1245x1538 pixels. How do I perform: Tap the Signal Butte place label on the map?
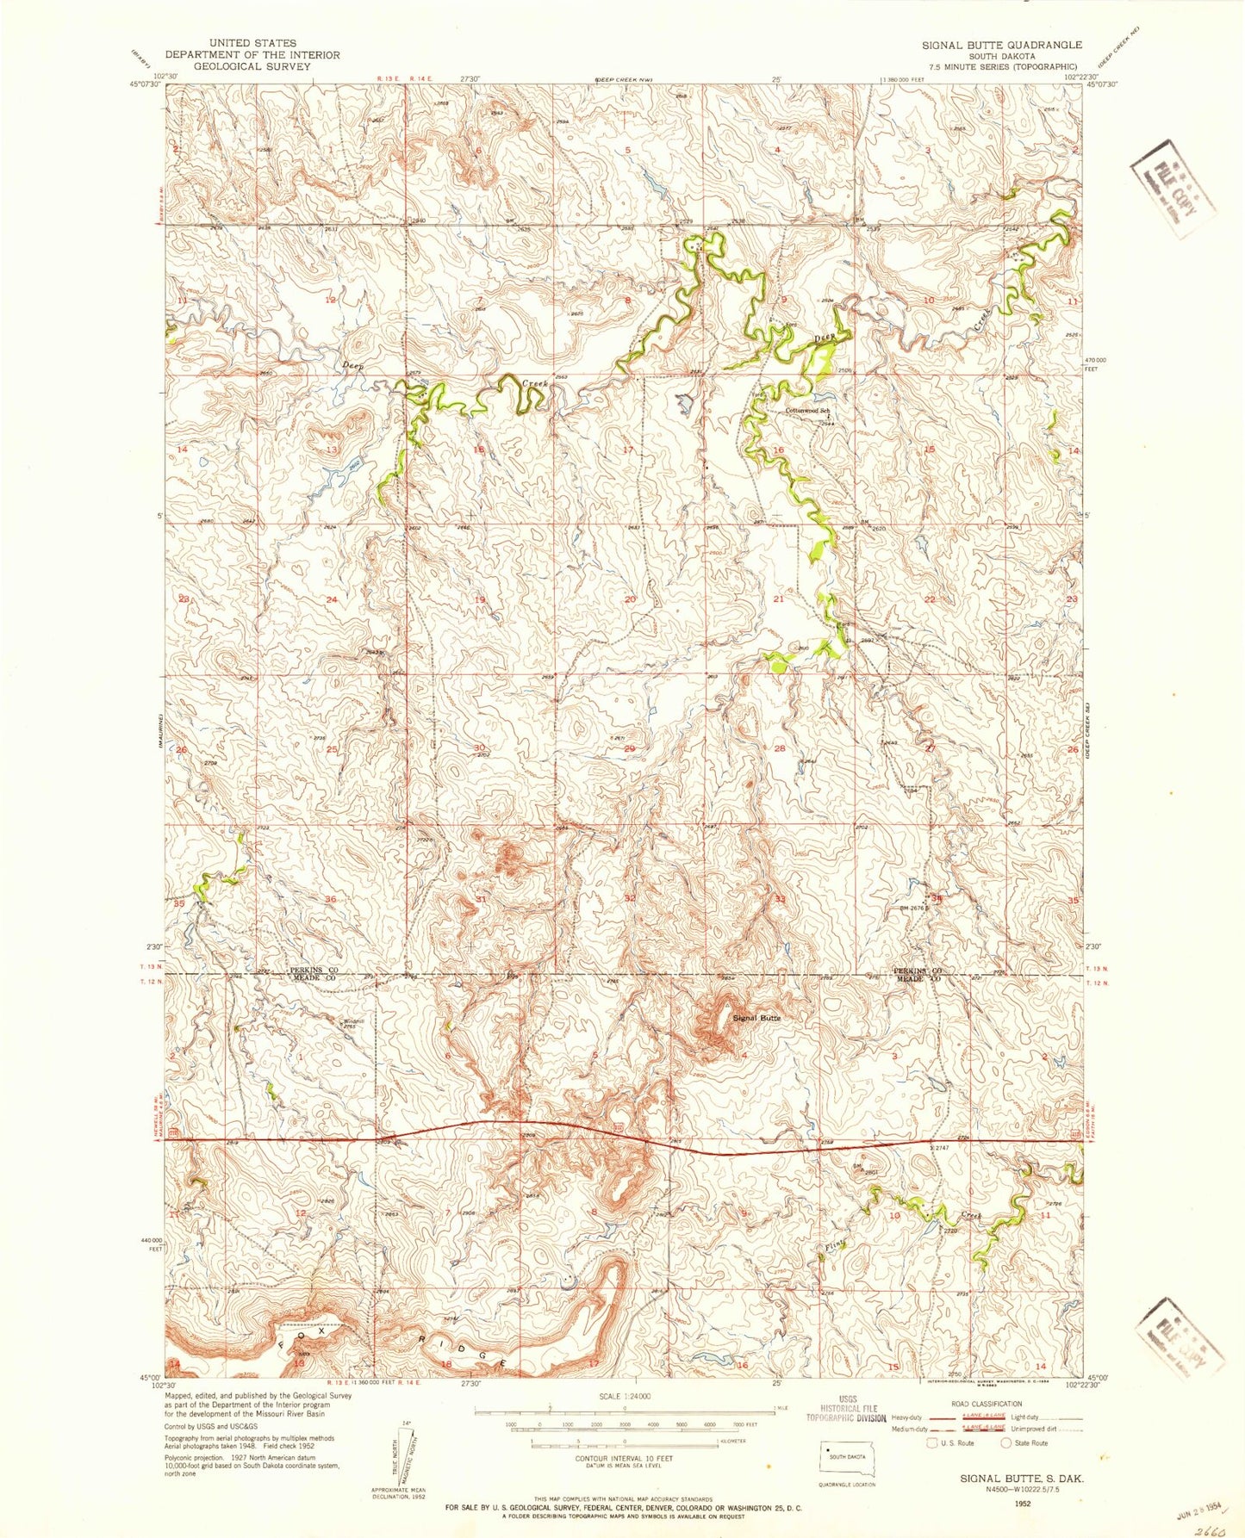pyautogui.click(x=756, y=1018)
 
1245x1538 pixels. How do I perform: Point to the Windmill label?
pyautogui.click(x=354, y=1021)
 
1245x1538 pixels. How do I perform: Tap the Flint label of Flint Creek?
pyautogui.click(x=832, y=1246)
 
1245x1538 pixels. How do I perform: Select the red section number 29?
pyautogui.click(x=629, y=749)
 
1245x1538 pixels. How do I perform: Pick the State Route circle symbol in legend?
pyautogui.click(x=1005, y=1442)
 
